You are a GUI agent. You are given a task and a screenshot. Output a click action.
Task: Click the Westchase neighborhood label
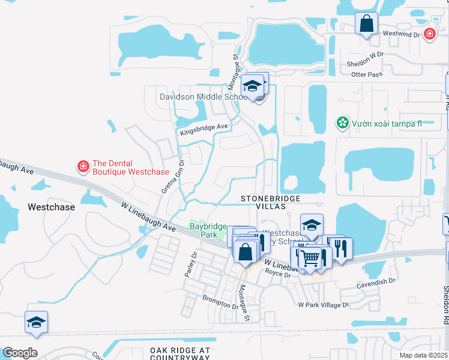[51, 207]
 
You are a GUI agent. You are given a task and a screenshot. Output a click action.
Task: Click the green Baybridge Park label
[208, 230]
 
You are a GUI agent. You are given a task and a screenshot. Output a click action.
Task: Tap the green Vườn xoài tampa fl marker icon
[342, 124]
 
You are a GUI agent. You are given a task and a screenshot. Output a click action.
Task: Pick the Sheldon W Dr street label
[364, 64]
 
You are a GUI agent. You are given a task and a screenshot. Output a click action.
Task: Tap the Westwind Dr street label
[402, 34]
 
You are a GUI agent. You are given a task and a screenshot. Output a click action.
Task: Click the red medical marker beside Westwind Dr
[429, 34]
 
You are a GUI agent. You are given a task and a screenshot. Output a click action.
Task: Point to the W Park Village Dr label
[324, 305]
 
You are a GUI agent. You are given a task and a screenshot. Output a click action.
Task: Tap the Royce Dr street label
[278, 273]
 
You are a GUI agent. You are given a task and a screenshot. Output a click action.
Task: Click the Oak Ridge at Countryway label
[179, 353]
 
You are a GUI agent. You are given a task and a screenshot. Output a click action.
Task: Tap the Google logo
[20, 353]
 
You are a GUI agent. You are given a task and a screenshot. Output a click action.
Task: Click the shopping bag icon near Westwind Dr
[366, 25]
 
